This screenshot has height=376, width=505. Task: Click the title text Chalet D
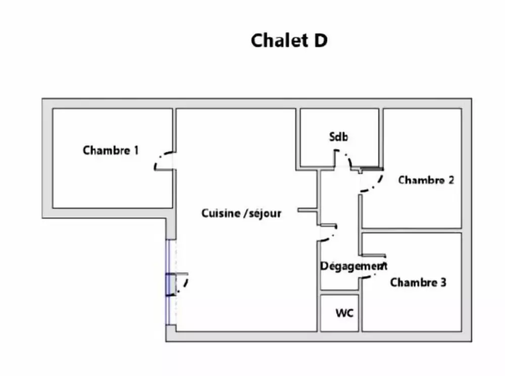(x=289, y=41)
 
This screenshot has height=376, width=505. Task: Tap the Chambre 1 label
(x=111, y=150)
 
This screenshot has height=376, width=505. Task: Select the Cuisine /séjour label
(x=241, y=213)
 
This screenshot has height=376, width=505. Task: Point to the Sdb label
(x=339, y=137)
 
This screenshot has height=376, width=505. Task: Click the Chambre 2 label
(x=426, y=180)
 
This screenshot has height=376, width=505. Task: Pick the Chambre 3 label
(x=418, y=282)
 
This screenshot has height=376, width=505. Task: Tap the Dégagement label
(x=353, y=265)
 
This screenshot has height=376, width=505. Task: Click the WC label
(x=345, y=313)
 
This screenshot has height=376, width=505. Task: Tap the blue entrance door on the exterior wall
(x=169, y=284)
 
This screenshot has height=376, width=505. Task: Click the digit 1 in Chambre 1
(x=136, y=150)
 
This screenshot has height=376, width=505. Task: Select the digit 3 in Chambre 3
(x=443, y=282)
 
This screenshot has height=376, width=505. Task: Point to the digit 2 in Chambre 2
(x=450, y=180)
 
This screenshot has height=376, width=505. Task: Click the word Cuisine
(x=221, y=213)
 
